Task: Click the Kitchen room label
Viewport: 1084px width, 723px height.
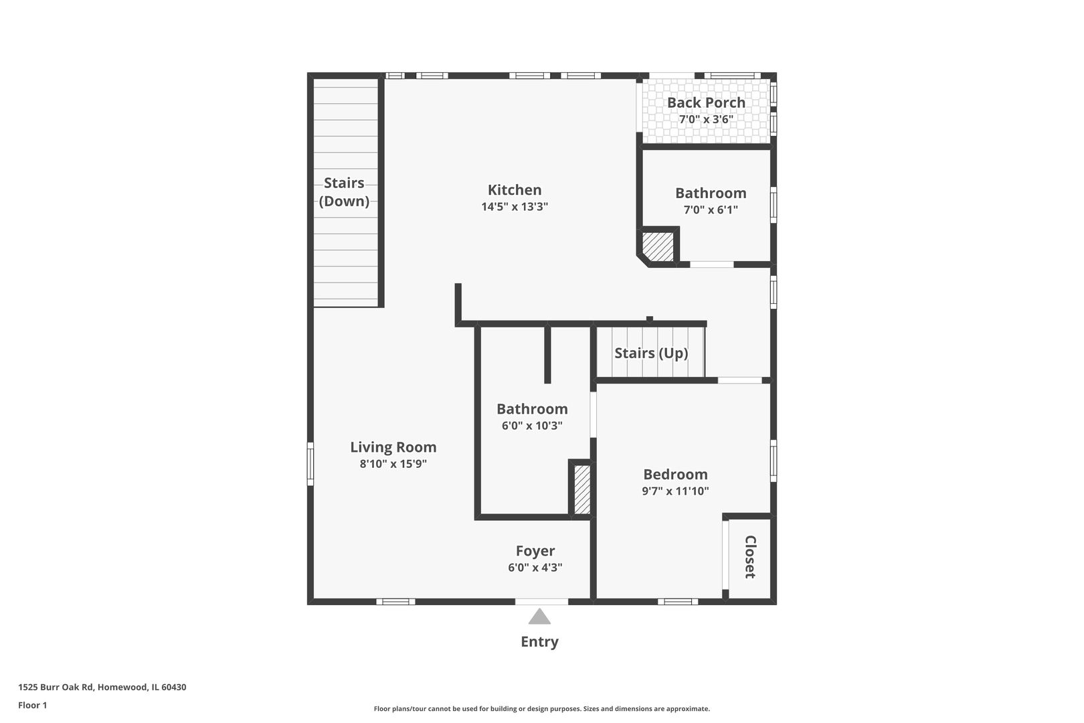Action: pos(514,190)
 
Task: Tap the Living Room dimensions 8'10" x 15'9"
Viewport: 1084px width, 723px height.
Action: pos(393,464)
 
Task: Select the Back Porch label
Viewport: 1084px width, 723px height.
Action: pos(706,102)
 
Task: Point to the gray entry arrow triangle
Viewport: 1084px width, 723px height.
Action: pos(539,617)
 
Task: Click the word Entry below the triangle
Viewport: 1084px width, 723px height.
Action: pos(539,641)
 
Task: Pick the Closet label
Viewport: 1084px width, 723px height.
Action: pos(750,557)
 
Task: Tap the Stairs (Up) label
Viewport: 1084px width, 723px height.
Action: pos(651,353)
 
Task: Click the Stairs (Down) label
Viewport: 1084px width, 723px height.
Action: pos(344,192)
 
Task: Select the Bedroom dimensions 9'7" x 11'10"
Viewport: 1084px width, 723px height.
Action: pos(675,491)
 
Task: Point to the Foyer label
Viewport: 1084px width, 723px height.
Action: pos(535,551)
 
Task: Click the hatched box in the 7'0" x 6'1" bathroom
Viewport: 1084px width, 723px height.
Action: pos(658,246)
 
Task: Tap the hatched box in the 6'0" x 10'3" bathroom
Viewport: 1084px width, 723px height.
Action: pos(582,489)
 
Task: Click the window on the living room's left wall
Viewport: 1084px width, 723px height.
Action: pos(310,463)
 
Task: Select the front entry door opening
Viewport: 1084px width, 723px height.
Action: pos(541,601)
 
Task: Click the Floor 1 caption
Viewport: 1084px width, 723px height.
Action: pos(32,705)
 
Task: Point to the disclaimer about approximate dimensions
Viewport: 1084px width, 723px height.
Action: pos(541,708)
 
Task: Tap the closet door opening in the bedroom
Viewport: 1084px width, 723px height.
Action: pos(725,555)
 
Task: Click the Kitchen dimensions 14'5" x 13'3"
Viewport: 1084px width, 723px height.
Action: pos(514,207)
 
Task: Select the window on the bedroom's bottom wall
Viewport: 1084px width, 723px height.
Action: pos(677,601)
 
